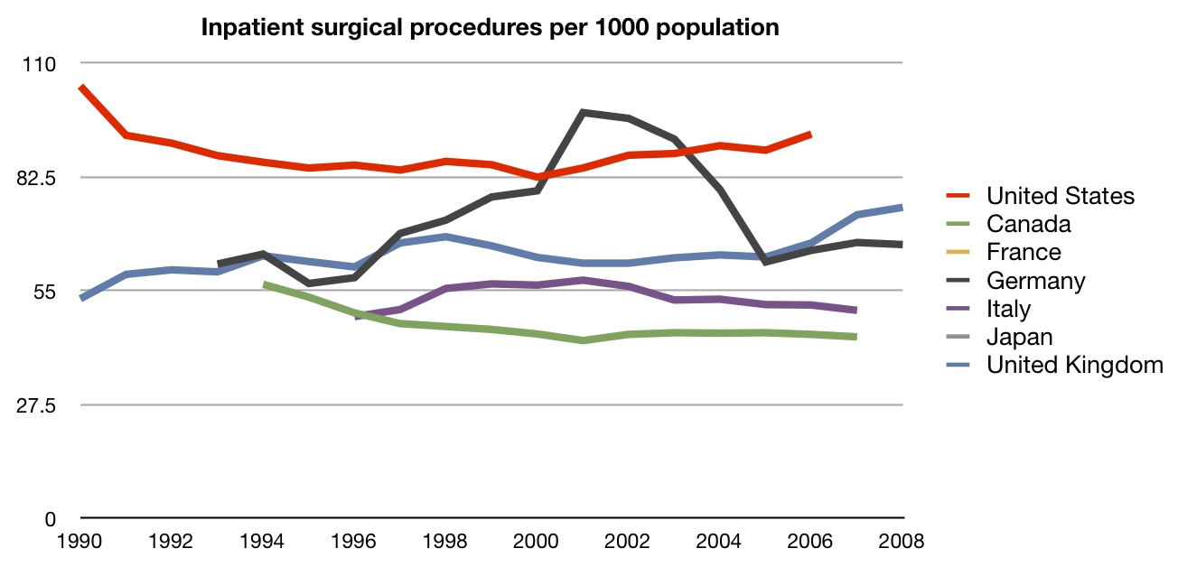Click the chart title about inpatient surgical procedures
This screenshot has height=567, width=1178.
pos(490,28)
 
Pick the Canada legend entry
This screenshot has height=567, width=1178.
pos(1028,224)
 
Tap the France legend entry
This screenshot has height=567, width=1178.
pos(1024,252)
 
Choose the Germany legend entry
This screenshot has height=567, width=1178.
pos(1035,280)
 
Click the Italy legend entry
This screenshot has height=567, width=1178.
pos(1008,309)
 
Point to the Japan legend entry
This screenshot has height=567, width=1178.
pos(1019,337)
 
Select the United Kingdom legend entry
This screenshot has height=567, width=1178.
pos(1074,365)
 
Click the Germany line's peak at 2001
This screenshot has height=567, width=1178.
pos(583,113)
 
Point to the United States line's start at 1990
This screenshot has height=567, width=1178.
pos(81,88)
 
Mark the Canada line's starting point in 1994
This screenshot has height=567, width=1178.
pos(264,284)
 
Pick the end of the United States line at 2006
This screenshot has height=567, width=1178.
pos(811,135)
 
